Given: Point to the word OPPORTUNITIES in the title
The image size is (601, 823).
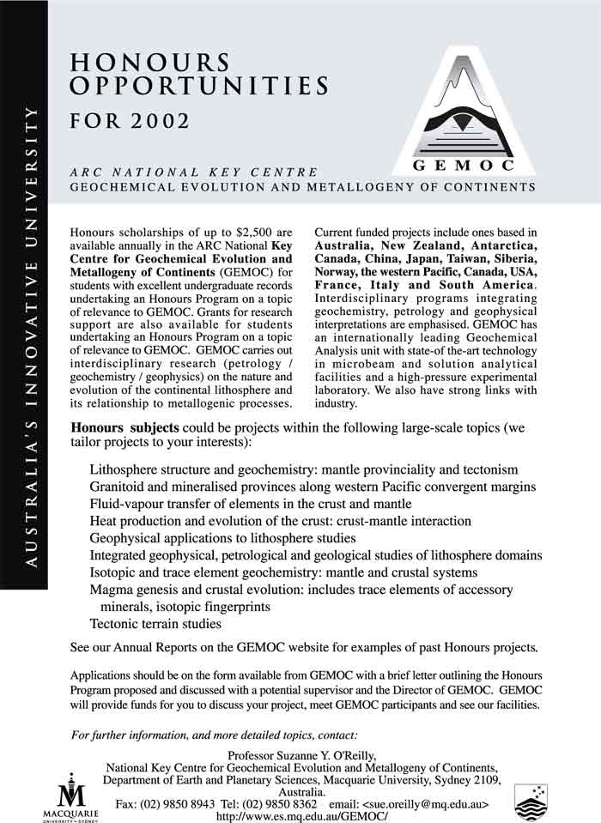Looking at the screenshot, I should [199, 86].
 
